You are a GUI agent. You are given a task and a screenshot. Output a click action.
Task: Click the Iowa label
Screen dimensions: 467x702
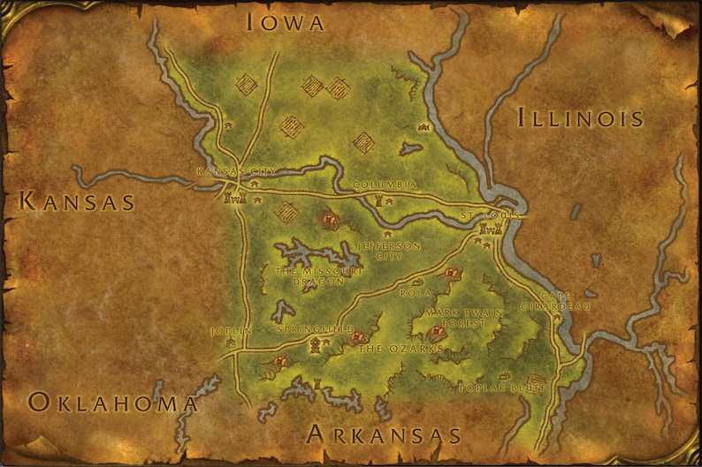(x=285, y=22)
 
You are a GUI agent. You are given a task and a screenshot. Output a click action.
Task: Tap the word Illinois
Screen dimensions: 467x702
(x=579, y=117)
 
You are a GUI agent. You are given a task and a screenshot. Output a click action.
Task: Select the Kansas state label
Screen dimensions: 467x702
(x=77, y=202)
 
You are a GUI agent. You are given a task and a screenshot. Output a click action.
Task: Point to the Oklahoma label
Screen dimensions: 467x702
(x=112, y=403)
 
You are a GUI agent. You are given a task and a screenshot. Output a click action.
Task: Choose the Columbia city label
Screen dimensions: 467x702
(x=385, y=185)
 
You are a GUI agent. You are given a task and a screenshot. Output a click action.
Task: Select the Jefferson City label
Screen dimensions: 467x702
(x=388, y=251)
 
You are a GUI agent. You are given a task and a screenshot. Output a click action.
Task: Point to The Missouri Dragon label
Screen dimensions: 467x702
(x=319, y=275)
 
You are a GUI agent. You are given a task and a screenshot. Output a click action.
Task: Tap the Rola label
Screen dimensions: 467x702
(x=416, y=292)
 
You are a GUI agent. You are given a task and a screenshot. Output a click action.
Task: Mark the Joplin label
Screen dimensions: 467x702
(x=232, y=330)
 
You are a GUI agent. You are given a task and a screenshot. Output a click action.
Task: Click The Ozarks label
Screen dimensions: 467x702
(x=400, y=349)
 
